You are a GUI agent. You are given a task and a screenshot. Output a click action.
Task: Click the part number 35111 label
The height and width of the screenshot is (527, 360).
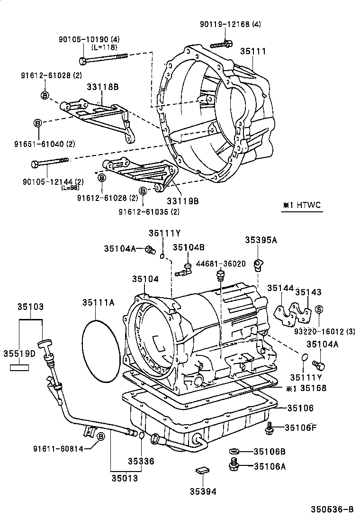pyautogui.click(x=252, y=51)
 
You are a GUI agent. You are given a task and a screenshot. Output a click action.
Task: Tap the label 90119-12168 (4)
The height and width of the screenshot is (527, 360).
pyautogui.click(x=230, y=24)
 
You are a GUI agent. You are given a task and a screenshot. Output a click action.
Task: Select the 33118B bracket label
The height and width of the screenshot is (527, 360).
pyautogui.click(x=102, y=87)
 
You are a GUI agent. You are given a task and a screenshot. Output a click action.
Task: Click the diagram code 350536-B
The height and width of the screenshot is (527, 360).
pyautogui.click(x=332, y=509)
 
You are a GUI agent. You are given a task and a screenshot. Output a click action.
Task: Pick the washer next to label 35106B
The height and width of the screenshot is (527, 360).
pyautogui.click(x=234, y=451)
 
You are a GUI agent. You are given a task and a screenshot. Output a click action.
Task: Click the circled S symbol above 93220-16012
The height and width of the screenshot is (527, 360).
pyautogui.click(x=319, y=309)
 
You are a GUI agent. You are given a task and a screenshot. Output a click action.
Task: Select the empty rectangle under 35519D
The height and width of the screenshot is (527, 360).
pyautogui.click(x=20, y=367)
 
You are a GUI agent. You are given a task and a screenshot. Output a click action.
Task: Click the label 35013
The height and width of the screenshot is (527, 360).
pyautogui.click(x=125, y=478)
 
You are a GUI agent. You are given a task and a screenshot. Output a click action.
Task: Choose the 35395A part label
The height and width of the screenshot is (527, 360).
pyautogui.click(x=261, y=240)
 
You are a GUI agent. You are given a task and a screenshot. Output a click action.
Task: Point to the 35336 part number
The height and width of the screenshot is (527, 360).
pyautogui.click(x=141, y=461)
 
